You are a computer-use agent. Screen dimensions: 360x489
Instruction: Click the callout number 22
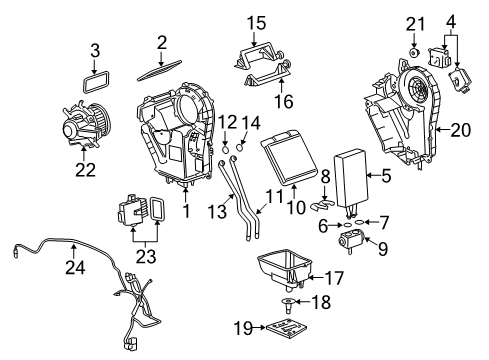[x=86, y=169]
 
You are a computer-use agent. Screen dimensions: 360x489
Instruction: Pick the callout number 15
[x=257, y=22]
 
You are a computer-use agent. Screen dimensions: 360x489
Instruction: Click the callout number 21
[x=416, y=23]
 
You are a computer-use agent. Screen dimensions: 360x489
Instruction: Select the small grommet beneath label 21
[x=413, y=51]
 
